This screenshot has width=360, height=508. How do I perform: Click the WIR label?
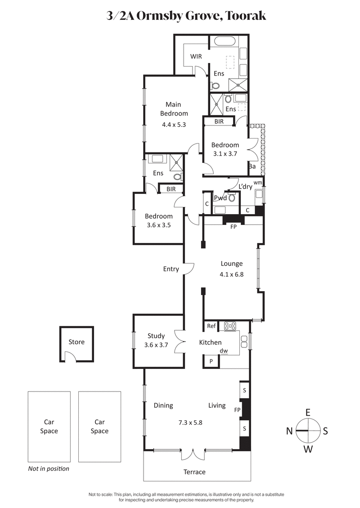pyautogui.click(x=196, y=56)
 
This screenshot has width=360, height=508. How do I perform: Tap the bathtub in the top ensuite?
pyautogui.click(x=227, y=42)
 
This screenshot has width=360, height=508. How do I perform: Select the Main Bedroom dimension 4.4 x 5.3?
pyautogui.click(x=174, y=125)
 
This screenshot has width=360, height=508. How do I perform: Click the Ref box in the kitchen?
pyautogui.click(x=211, y=326)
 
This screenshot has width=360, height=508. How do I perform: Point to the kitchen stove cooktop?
pyautogui.click(x=231, y=326)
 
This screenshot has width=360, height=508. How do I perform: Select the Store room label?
pyautogui.click(x=76, y=342)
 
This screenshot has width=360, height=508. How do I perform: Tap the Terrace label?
pyautogui.click(x=194, y=472)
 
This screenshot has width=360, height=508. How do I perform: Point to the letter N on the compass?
pyautogui.click(x=289, y=431)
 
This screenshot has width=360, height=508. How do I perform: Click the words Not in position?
pyautogui.click(x=49, y=468)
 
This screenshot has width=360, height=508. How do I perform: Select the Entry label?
pyautogui.click(x=171, y=269)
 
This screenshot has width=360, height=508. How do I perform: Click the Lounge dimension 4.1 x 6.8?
pyautogui.click(x=232, y=274)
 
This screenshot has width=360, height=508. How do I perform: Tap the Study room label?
pyautogui.click(x=156, y=336)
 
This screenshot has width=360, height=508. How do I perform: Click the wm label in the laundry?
pyautogui.click(x=257, y=183)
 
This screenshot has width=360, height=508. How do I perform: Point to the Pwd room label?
pyautogui.click(x=220, y=198)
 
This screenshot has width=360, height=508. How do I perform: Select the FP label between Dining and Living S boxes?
pyautogui.click(x=237, y=410)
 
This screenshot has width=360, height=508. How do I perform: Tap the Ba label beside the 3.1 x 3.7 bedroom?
pyautogui.click(x=252, y=166)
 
